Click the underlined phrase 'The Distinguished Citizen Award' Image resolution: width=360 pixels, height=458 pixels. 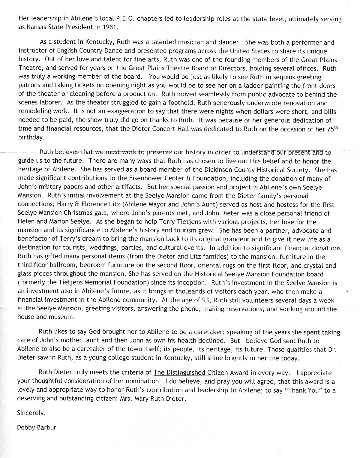(201, 373)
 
